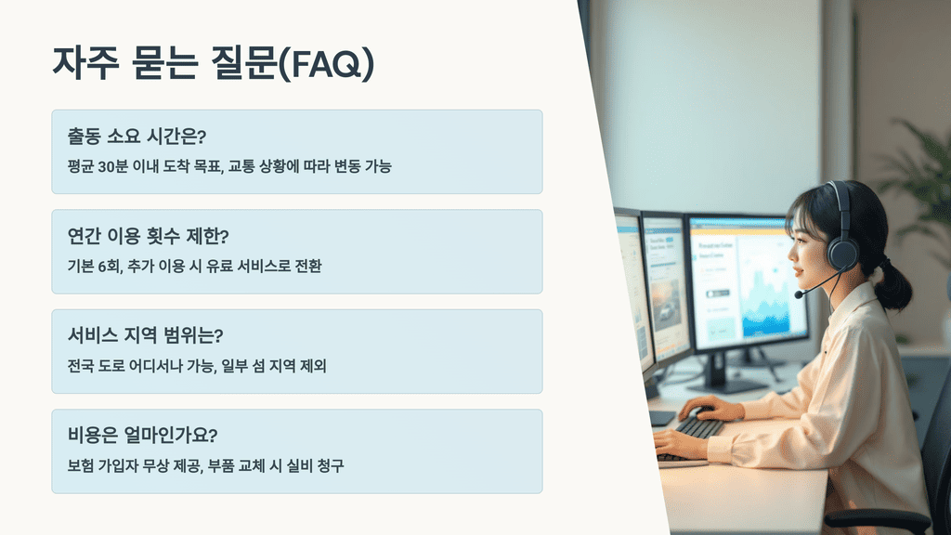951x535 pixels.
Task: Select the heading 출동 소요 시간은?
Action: (137, 137)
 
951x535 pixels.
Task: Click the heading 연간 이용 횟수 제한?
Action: (148, 236)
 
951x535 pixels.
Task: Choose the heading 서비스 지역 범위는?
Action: (146, 335)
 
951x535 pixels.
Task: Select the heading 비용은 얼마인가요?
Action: (142, 435)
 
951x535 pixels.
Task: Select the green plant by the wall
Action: (915, 176)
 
